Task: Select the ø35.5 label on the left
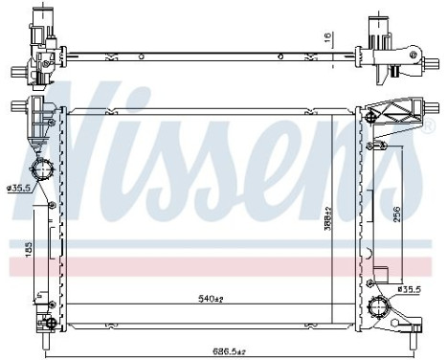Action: click(20, 186)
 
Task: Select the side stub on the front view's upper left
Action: click(18, 106)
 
